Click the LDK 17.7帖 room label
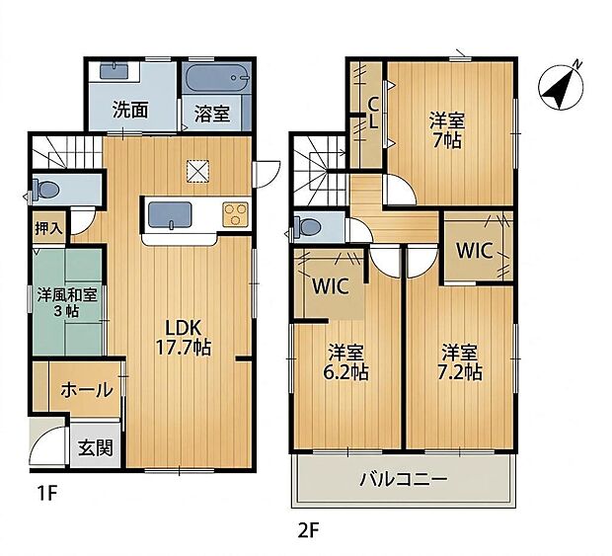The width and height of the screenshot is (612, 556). [184, 338]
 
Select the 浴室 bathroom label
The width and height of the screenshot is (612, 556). [212, 115]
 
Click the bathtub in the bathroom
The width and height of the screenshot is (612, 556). [217, 78]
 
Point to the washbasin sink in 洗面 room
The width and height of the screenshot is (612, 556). [114, 72]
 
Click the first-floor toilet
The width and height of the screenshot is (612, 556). [45, 190]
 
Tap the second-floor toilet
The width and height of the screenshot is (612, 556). [307, 226]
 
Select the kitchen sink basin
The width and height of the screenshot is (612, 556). [170, 215]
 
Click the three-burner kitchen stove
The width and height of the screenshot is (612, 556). [235, 214]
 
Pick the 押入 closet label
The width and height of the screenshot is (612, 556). [48, 228]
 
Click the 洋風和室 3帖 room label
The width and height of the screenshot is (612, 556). [67, 302]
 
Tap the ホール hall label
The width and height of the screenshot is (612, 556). [87, 390]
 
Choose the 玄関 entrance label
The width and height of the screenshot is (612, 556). [96, 447]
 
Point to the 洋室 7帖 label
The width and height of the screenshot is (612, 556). [447, 129]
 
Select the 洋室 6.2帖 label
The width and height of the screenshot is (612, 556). [345, 362]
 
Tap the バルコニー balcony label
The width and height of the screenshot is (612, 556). [403, 479]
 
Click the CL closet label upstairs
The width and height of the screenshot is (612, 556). [373, 114]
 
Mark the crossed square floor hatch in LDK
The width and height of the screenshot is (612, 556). [197, 172]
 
